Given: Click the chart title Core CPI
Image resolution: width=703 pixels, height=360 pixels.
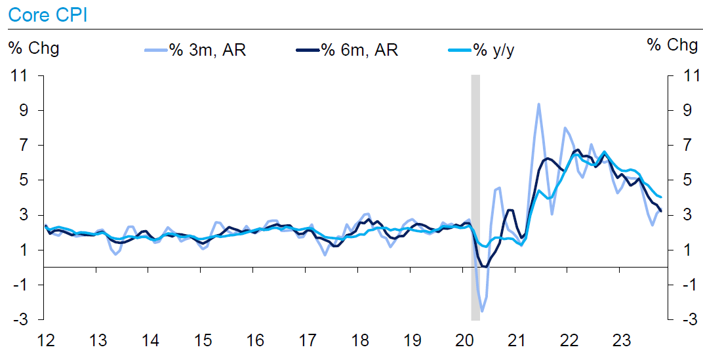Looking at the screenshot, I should coord(43,14).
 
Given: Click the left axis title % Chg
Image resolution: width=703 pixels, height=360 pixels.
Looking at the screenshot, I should coord(33,47).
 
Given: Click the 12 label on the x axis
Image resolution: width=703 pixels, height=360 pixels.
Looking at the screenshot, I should coord(45,341).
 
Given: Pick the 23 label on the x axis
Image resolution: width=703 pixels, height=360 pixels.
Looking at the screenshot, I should coord(621,341).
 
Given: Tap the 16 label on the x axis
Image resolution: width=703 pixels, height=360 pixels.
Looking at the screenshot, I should coord(254,341).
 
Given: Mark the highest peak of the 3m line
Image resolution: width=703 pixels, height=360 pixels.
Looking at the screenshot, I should coord(538,104).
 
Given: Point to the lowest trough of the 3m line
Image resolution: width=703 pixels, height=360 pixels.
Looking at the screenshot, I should coord(482,311).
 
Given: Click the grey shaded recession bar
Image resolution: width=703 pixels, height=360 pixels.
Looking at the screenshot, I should coord(475,197).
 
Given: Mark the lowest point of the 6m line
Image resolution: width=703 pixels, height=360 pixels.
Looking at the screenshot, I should coord(485,266).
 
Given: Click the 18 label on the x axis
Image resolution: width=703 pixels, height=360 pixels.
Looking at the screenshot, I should coord(359,341).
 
